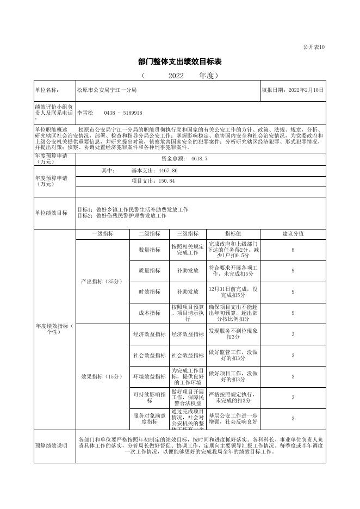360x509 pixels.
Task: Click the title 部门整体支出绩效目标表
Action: [x=180, y=61]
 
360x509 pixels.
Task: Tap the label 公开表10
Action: [x=314, y=47]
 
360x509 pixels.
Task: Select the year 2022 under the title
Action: [x=176, y=76]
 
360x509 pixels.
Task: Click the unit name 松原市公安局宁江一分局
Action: [x=107, y=90]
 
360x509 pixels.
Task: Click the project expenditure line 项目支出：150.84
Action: [x=153, y=181]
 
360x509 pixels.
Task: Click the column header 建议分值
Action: [x=293, y=234]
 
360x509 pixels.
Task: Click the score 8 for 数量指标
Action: [x=293, y=250]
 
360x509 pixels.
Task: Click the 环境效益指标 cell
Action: [x=149, y=376]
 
